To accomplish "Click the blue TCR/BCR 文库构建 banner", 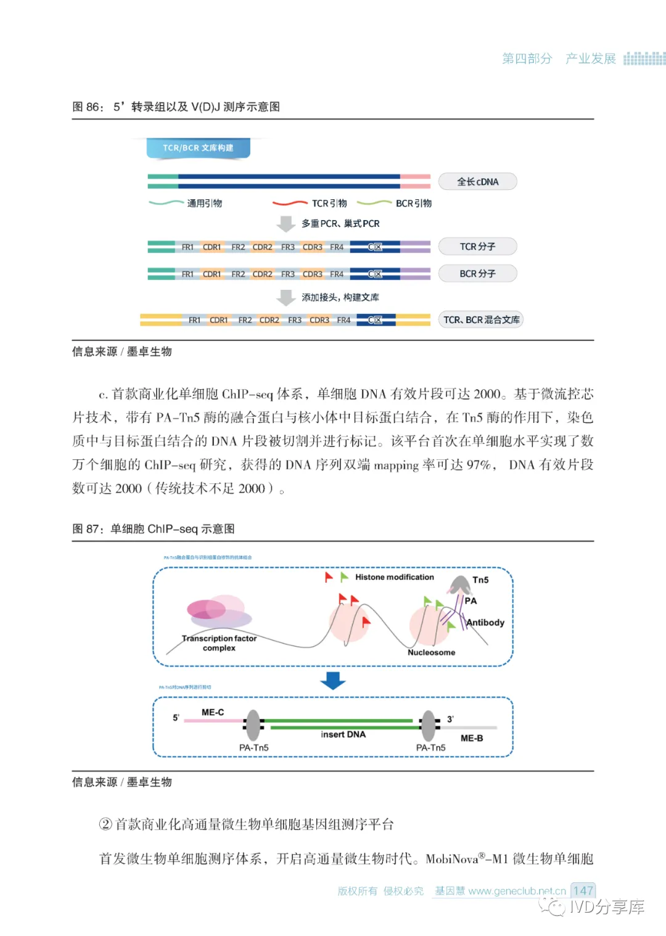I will (198, 148).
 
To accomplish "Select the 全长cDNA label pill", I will (477, 182).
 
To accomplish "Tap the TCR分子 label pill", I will (477, 247).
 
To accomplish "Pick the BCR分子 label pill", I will (477, 274).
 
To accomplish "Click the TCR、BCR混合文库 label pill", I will (481, 320).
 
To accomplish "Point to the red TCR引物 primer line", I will (290, 203).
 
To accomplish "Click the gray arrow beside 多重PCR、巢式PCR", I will (286, 224).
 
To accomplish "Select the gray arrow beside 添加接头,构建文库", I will (286, 298).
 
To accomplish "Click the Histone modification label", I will (394, 577).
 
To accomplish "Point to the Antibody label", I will (485, 623).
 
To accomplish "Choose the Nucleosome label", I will (431, 652).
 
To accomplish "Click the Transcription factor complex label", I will (219, 643).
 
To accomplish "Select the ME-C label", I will (213, 712).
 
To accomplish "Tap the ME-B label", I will (472, 738).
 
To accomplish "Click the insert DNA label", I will (343, 734).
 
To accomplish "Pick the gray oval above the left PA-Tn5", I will (253, 725).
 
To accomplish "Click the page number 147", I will (583, 891).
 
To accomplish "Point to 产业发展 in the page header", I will (590, 59).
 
